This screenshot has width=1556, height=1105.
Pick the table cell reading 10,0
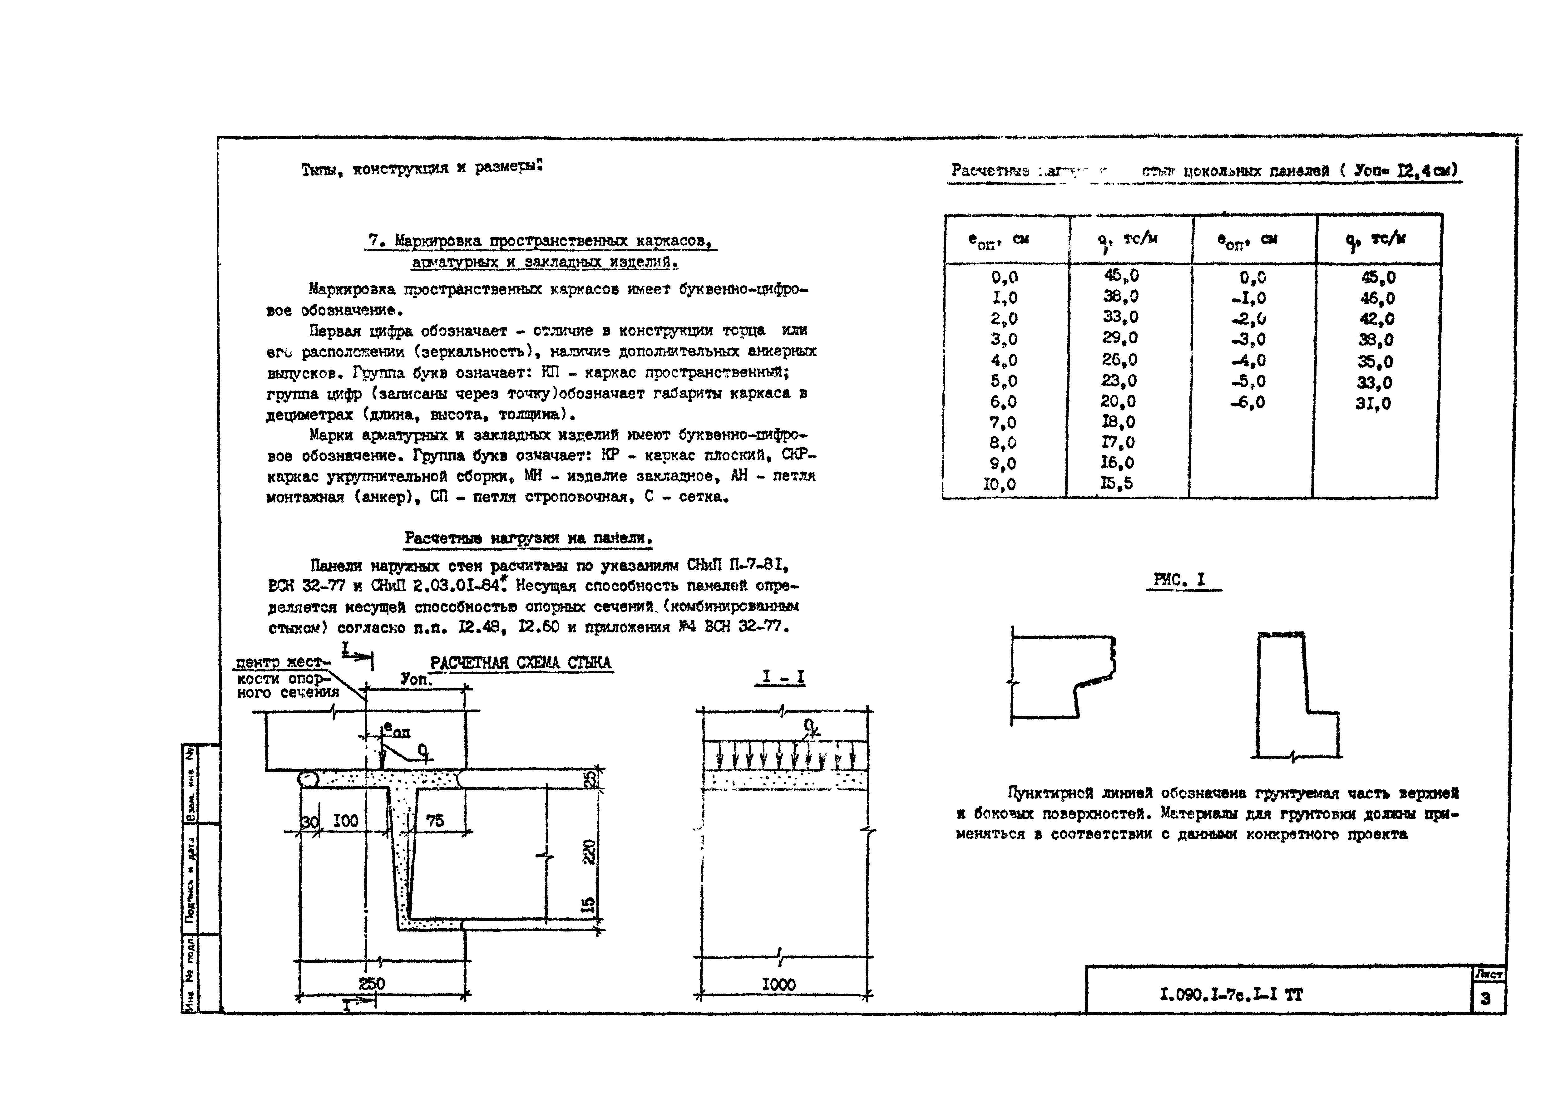click(999, 484)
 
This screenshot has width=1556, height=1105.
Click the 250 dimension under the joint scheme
click(372, 984)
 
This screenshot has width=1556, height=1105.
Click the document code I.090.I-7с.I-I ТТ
click(1231, 995)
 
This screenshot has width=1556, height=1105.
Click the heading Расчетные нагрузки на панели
click(528, 538)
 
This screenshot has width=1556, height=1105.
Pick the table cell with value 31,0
click(1373, 404)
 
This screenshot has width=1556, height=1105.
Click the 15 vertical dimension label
click(590, 904)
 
